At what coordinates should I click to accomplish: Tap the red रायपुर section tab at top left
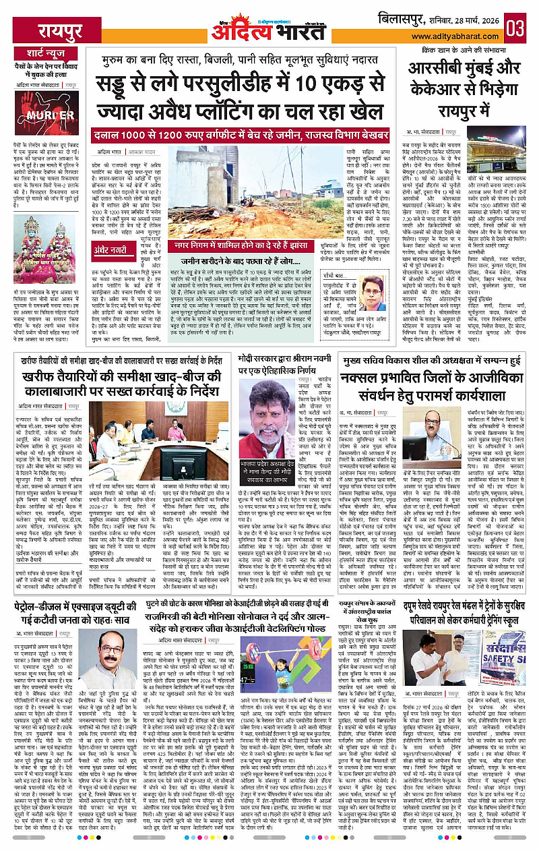61,30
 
